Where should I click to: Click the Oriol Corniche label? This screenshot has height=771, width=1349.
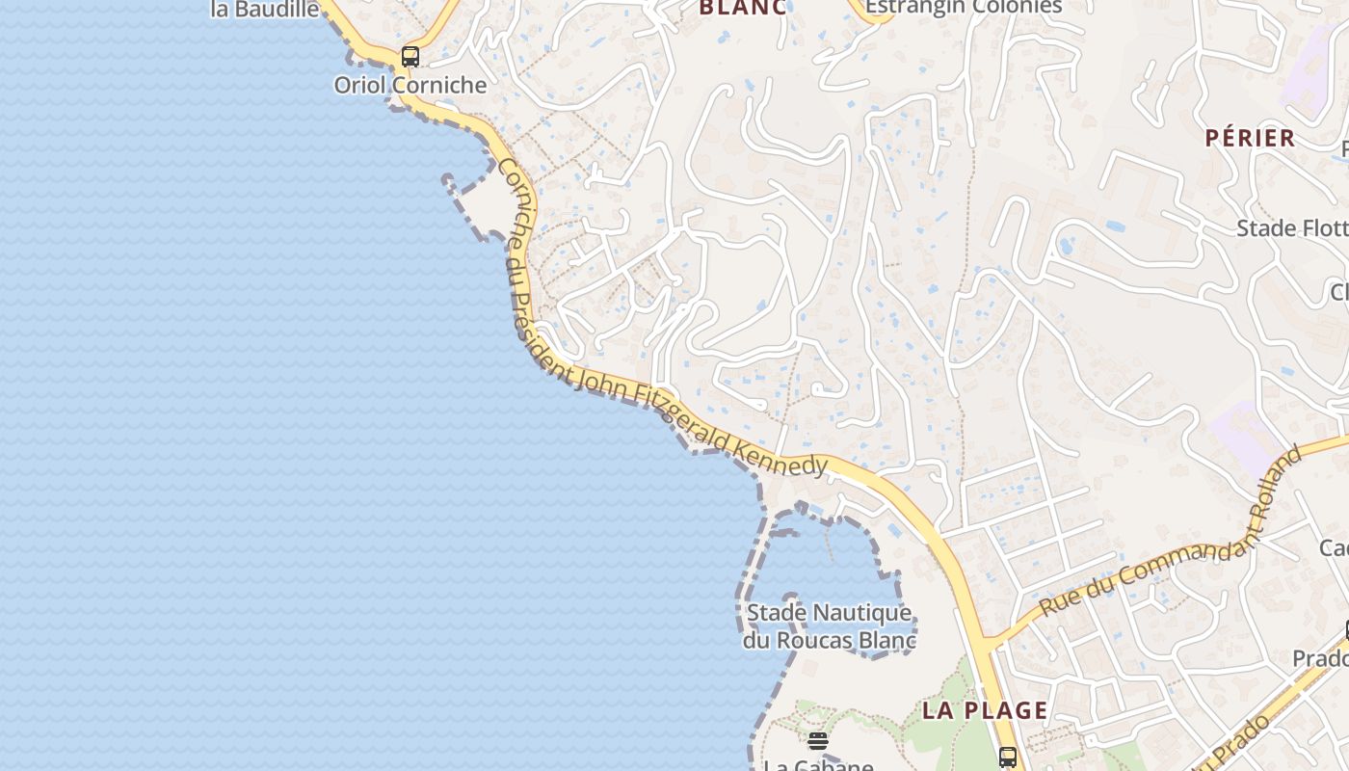click(410, 85)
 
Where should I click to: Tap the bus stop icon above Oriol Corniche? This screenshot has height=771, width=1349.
click(410, 57)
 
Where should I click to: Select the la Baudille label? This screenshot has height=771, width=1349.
click(265, 10)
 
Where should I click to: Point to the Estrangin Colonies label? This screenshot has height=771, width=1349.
click(964, 8)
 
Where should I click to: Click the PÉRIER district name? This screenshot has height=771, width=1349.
click(1250, 138)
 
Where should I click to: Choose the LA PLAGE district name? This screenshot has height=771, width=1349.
click(985, 710)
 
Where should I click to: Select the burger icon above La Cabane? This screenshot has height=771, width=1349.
click(818, 740)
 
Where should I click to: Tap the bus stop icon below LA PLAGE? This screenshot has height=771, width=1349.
click(1008, 757)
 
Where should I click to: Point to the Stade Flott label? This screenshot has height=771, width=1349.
click(1291, 228)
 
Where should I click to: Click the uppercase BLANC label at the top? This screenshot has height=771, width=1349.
click(742, 8)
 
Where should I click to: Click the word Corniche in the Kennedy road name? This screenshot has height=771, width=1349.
click(516, 201)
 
